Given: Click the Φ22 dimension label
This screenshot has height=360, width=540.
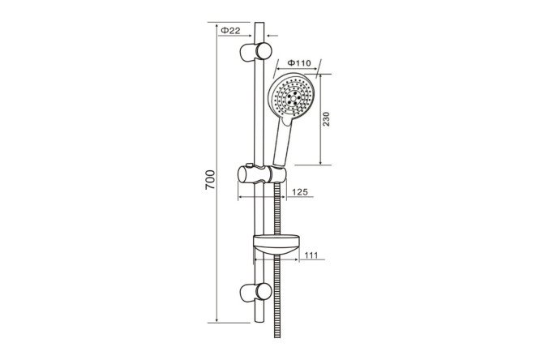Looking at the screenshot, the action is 230,30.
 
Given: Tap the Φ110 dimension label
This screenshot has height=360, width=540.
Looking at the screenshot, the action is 299,63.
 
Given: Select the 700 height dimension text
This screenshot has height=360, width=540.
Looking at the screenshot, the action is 210,179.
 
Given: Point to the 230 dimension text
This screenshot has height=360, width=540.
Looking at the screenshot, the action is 326,118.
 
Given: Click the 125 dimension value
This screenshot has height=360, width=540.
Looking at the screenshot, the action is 299,192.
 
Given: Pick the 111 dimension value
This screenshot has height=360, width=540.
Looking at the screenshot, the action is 311,255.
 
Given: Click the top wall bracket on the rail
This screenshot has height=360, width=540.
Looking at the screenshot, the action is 255,52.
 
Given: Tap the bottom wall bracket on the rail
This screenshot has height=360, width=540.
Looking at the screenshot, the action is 255,293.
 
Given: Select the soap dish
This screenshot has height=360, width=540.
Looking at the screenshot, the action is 276,245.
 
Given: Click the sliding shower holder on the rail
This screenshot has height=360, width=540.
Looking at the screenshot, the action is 262,174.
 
